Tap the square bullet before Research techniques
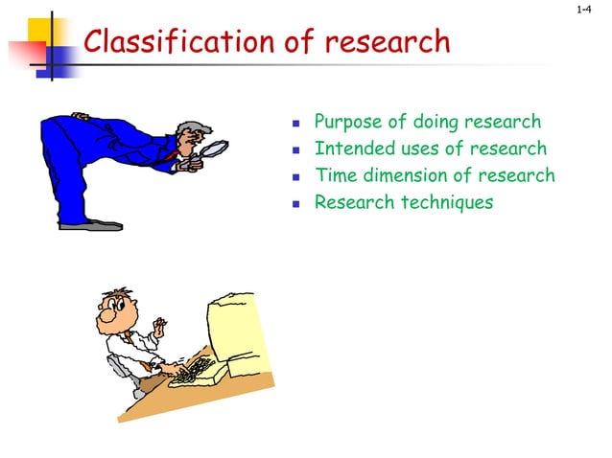click(296, 204)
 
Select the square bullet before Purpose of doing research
click(296, 125)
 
